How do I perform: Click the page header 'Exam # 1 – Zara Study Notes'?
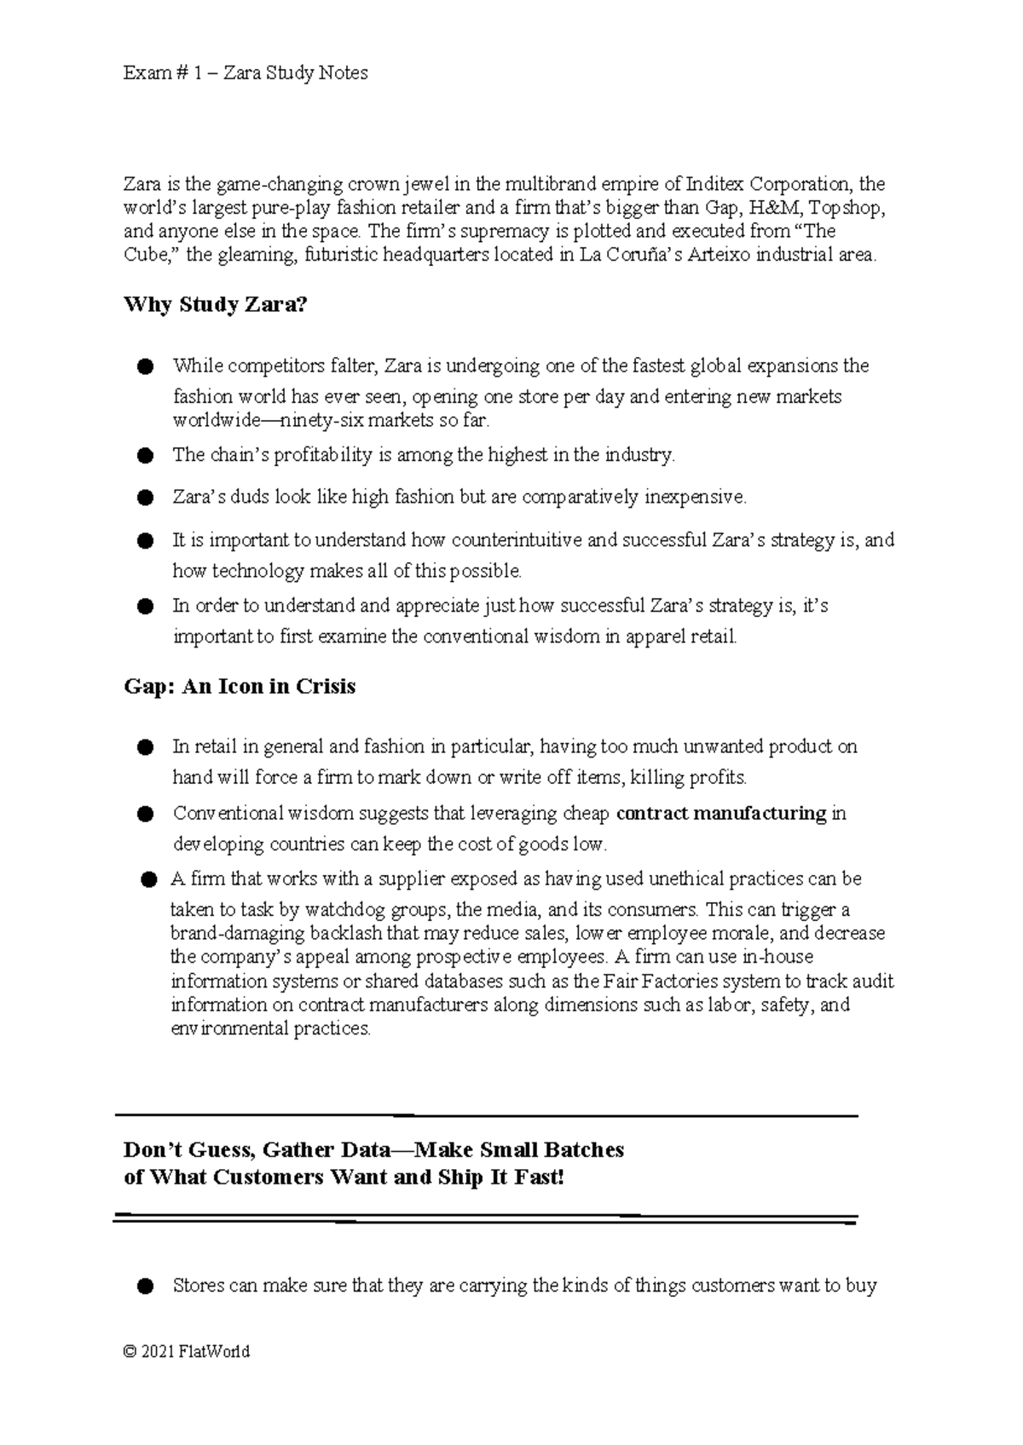pos(246,73)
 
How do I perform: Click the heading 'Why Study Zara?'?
pos(215,305)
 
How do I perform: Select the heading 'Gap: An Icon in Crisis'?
pos(240,687)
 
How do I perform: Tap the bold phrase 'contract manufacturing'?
pos(721,814)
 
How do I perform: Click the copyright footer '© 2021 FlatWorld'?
pos(187,1352)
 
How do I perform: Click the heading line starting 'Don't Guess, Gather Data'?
pos(373,1151)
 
